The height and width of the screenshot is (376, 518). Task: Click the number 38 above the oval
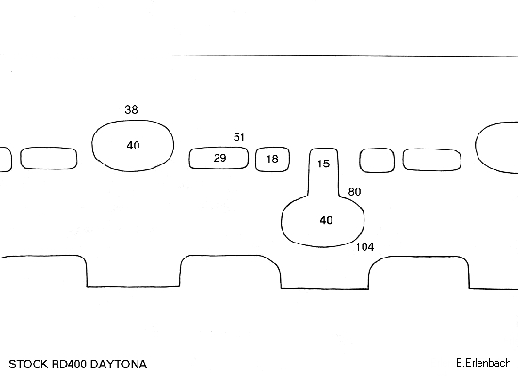click(131, 109)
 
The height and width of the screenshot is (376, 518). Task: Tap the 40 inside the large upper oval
click(133, 145)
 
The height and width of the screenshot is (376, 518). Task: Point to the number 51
click(239, 137)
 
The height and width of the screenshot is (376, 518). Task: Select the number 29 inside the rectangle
click(219, 158)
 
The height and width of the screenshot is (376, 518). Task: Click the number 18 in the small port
click(272, 159)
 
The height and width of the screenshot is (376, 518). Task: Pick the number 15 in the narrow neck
click(323, 164)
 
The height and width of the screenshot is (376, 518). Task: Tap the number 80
click(354, 192)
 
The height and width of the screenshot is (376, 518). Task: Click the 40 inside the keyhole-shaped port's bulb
click(326, 220)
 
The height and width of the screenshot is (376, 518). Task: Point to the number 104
click(364, 247)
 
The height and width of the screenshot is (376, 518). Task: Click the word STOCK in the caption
click(28, 364)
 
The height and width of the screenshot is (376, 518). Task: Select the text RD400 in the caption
click(70, 364)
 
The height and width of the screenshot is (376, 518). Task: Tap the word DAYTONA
click(119, 364)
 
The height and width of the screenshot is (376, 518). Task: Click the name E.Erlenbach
click(483, 363)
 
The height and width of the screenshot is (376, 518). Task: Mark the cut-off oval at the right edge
click(476, 145)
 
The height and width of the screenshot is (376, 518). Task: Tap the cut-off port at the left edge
click(11, 159)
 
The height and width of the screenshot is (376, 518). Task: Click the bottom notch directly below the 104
click(325, 288)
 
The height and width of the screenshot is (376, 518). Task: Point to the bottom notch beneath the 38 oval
click(133, 286)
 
